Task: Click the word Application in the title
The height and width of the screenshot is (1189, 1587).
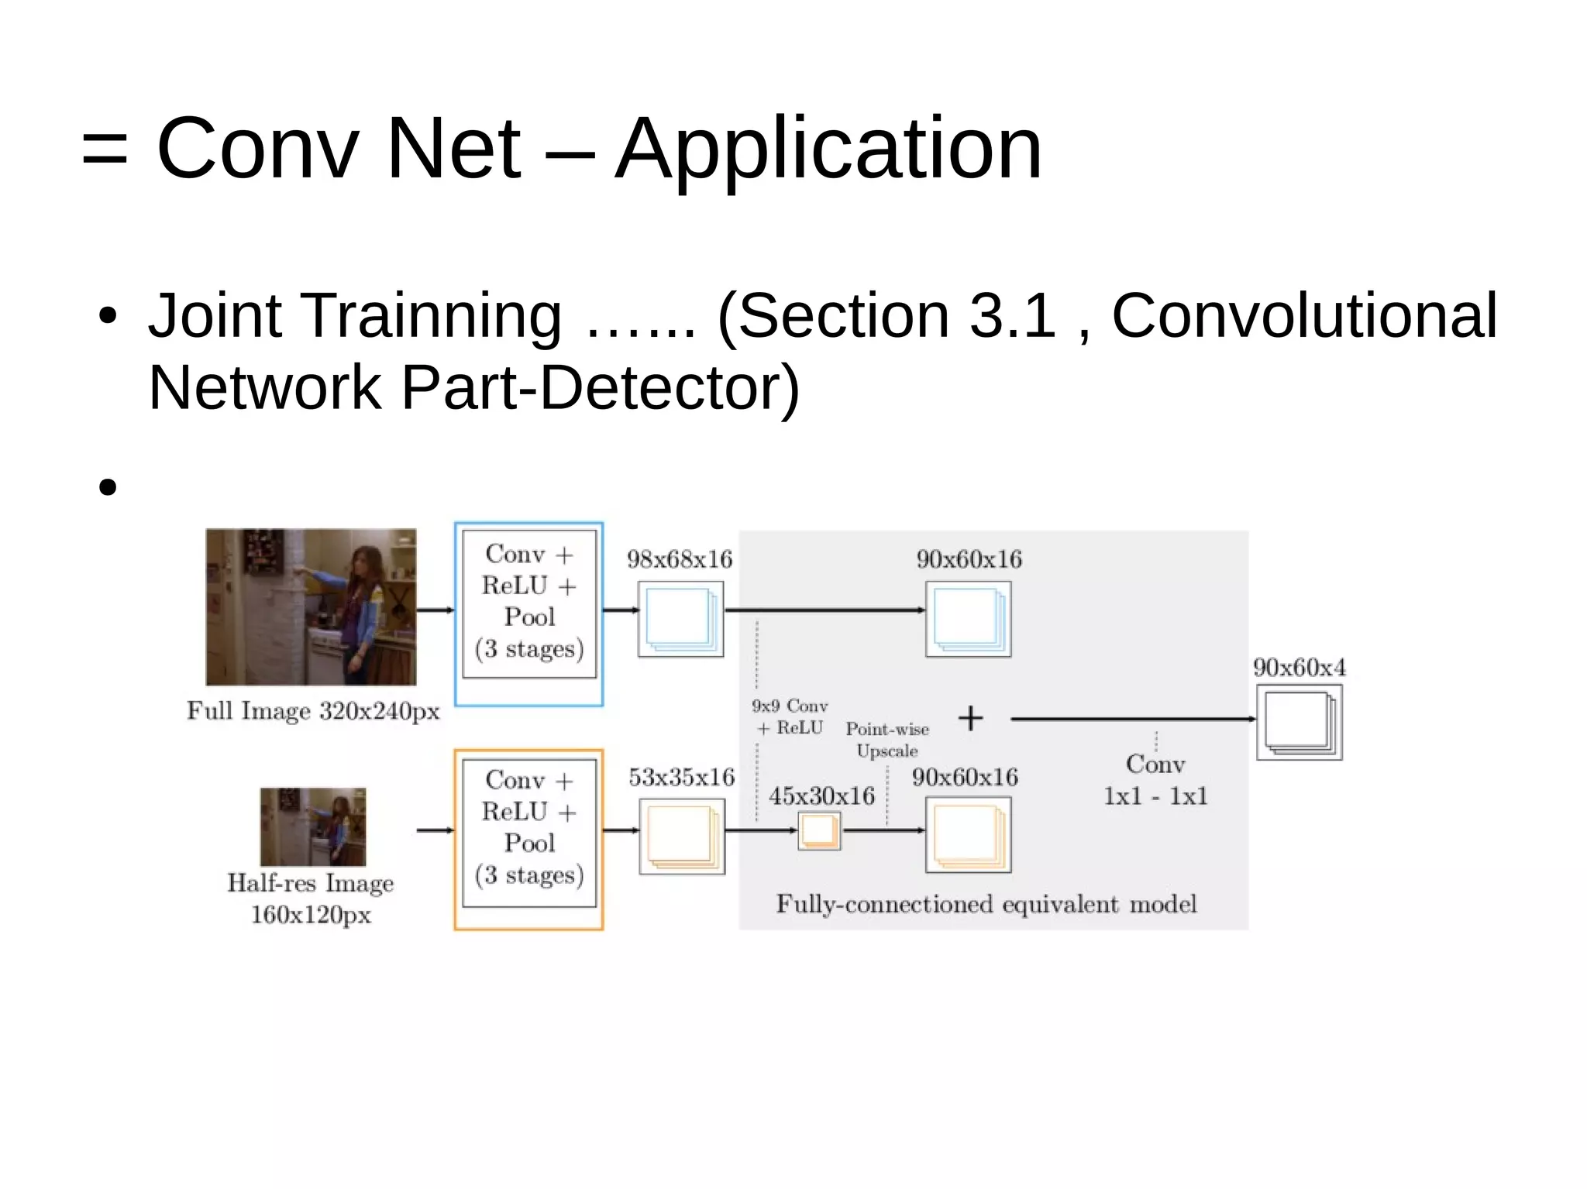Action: [828, 149]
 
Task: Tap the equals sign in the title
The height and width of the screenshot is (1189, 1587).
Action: [105, 150]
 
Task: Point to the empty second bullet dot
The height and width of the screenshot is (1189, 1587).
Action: [108, 487]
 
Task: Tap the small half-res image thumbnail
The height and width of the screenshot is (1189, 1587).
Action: [313, 826]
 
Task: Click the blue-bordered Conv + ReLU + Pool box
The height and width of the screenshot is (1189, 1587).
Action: [529, 613]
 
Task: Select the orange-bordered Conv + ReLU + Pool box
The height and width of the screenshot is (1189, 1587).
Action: [529, 839]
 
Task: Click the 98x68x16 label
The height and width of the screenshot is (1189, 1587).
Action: [680, 559]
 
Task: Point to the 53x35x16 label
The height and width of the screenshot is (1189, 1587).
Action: [681, 777]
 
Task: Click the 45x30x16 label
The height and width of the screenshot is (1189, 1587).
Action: [821, 796]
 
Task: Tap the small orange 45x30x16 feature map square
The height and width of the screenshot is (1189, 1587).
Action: [819, 830]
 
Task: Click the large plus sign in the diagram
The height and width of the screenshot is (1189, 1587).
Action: [970, 718]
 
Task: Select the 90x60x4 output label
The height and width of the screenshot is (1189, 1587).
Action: [1300, 668]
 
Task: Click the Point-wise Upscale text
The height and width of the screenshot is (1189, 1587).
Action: [887, 740]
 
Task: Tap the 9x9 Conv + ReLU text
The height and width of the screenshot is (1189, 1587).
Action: [790, 716]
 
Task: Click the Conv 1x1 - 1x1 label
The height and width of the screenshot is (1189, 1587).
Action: [1155, 780]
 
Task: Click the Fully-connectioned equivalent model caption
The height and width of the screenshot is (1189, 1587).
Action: [986, 904]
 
